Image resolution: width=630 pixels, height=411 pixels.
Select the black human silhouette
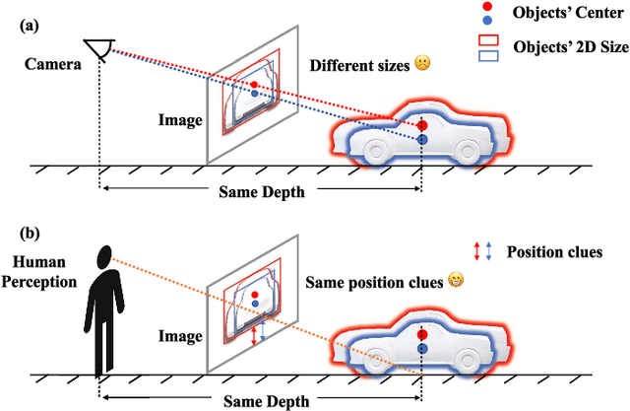tap(101, 313)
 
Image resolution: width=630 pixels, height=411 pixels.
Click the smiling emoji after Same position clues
tap(456, 279)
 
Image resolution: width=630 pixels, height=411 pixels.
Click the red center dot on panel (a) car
tap(422, 125)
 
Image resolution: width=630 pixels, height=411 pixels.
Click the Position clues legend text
tap(553, 252)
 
